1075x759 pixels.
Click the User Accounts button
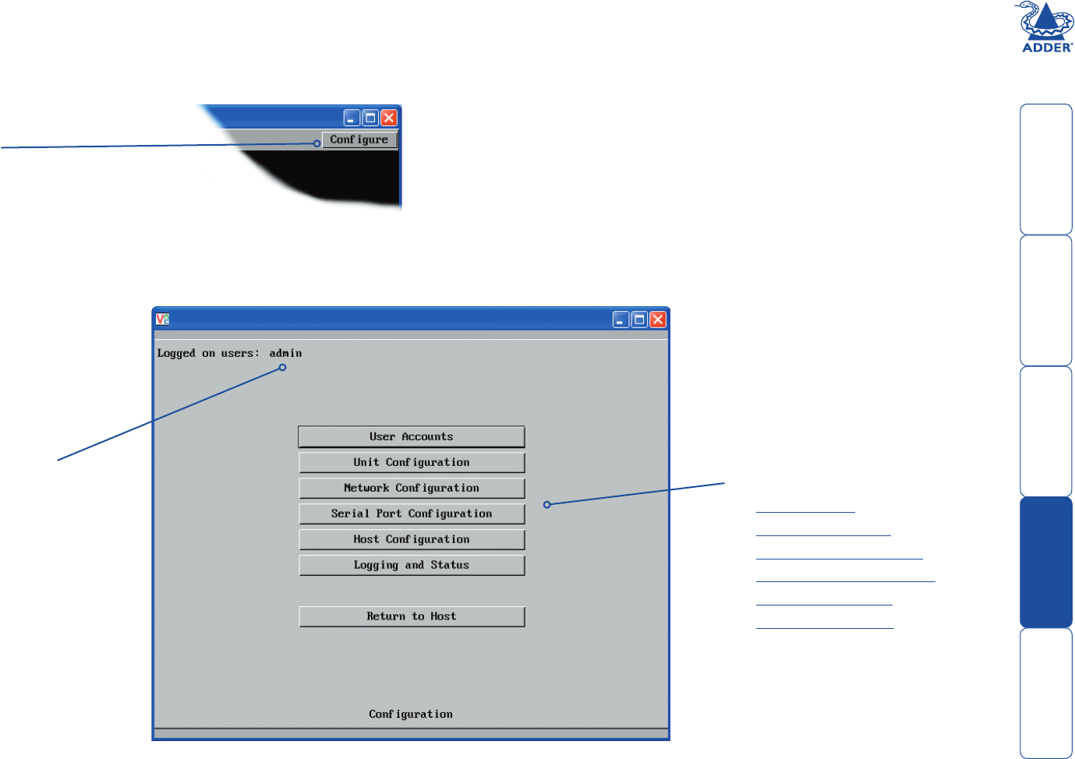pos(412,436)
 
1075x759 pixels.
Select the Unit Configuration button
pos(412,462)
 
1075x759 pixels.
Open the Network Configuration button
pos(412,488)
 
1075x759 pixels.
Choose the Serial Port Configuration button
pos(412,514)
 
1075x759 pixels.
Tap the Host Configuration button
pos(412,539)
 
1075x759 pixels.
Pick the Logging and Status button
pos(412,565)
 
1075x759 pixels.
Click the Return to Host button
pos(412,616)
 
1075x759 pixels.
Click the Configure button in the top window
pos(359,139)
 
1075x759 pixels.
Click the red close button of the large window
pos(658,319)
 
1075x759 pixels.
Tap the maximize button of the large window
pos(639,319)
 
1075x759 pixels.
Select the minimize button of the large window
pos(621,319)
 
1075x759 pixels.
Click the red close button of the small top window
pos(389,118)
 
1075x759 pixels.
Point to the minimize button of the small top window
pos(352,118)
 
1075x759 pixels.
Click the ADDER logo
pos(1047,27)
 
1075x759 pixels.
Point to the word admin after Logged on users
pos(285,353)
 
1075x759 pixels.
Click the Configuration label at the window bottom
pos(411,714)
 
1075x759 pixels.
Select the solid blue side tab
pos(1046,562)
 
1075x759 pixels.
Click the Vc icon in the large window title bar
pos(162,319)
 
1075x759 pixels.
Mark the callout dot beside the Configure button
pos(316,143)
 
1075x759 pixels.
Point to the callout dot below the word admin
pos(282,367)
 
